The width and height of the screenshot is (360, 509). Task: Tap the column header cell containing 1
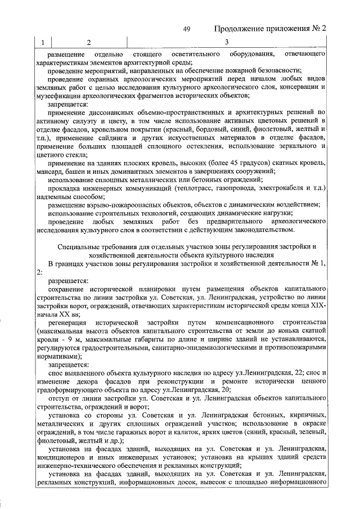point(43,42)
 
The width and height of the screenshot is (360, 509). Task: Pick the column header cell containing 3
point(226,42)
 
